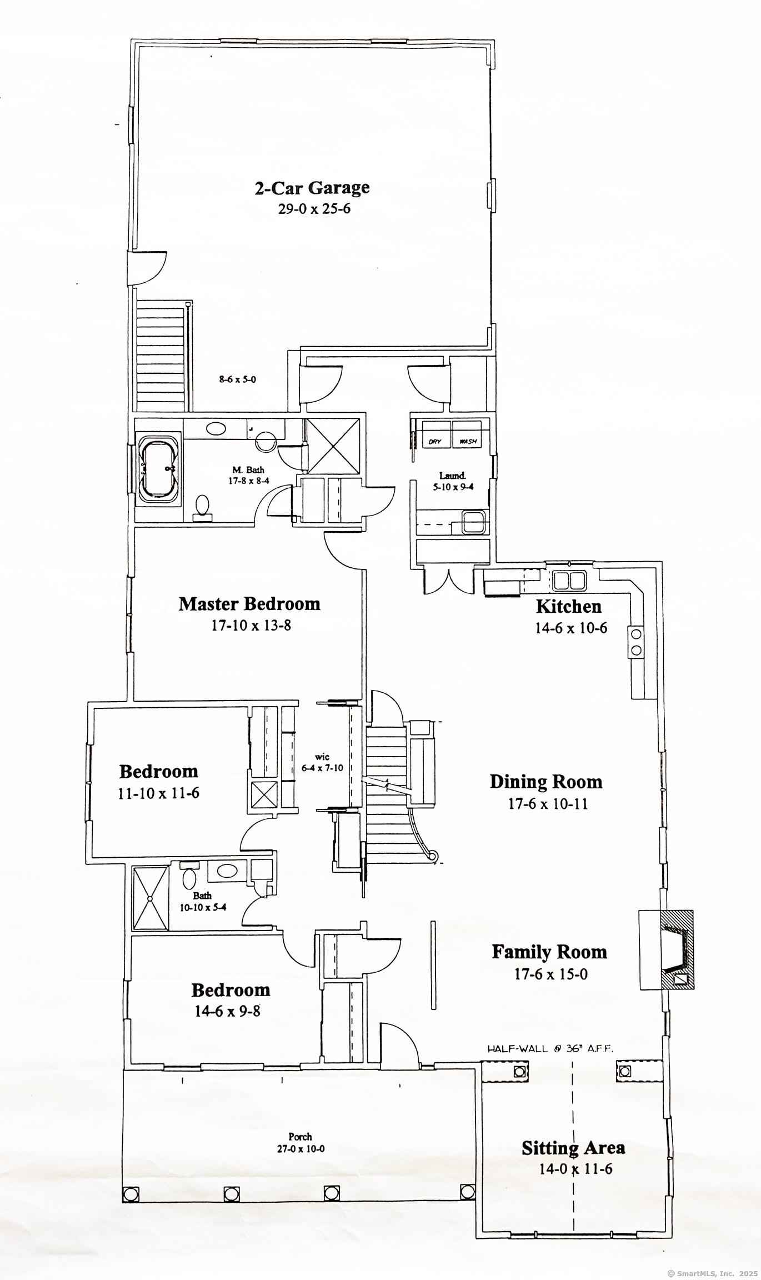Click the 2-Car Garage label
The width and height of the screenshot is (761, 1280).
[x=312, y=188]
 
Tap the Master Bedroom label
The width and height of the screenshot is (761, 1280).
[x=249, y=604]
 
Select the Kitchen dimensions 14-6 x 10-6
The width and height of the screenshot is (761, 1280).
[x=571, y=628]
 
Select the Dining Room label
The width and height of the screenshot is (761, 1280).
[x=546, y=782]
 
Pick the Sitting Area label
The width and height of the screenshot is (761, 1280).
[x=573, y=1148]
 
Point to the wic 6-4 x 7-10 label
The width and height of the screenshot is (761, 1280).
[x=322, y=762]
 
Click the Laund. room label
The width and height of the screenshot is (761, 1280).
[x=452, y=476]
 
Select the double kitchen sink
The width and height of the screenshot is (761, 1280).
[x=569, y=581]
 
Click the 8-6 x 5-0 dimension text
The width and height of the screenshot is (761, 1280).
[x=237, y=380]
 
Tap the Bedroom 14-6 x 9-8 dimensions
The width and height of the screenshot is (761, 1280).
[x=227, y=1011]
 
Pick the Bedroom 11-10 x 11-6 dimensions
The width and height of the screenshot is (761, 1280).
[x=158, y=793]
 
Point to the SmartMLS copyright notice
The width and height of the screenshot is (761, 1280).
[x=712, y=1273]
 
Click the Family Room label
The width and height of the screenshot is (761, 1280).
[x=549, y=952]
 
